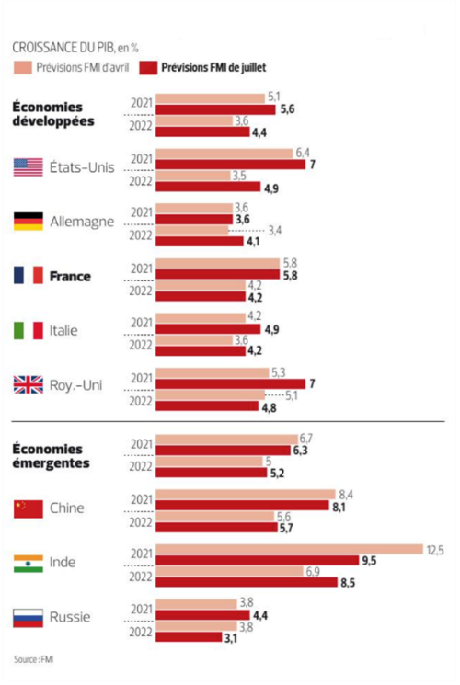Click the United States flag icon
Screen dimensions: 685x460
click(x=29, y=167)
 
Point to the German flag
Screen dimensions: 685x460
click(x=29, y=222)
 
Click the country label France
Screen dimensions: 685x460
click(x=70, y=276)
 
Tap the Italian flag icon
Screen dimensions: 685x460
click(x=29, y=330)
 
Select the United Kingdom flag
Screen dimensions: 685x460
click(x=29, y=385)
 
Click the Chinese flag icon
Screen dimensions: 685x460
click(x=29, y=508)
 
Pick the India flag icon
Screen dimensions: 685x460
click(x=29, y=563)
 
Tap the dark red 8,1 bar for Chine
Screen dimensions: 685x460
click(x=242, y=506)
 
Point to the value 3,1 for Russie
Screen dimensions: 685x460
click(x=235, y=637)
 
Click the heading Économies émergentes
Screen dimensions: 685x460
click(x=51, y=456)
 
